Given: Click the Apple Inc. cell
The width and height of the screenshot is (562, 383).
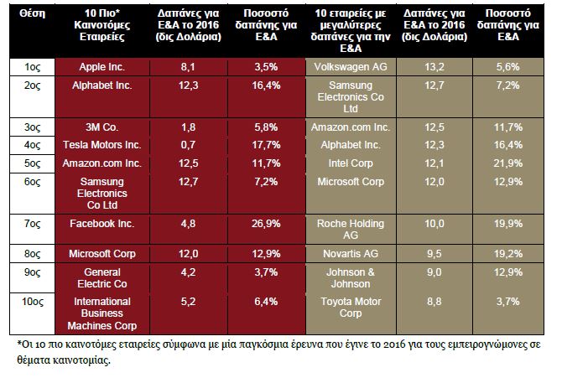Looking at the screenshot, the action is click(102, 67).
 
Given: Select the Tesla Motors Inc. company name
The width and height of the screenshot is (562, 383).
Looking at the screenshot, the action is click(102, 145).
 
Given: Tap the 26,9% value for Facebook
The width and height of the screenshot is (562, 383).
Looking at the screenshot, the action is click(266, 224).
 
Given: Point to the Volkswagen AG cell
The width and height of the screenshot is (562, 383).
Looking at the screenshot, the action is click(351, 67).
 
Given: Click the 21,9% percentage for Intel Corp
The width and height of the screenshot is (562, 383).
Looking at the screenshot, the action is click(507, 163).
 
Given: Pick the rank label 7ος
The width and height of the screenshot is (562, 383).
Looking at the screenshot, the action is click(32, 224).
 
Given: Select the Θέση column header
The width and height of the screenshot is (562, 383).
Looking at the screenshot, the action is click(32, 13).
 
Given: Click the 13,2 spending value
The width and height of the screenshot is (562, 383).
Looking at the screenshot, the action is click(435, 67).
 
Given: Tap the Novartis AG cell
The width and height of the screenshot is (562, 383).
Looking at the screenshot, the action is click(351, 254).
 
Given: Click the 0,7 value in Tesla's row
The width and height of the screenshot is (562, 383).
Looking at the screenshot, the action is click(188, 145).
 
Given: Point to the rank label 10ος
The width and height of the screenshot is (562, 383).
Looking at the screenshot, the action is click(32, 302).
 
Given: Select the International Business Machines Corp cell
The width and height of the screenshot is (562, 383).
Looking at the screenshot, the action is click(102, 313).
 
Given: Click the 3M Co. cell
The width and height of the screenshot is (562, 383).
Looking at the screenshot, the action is click(102, 127).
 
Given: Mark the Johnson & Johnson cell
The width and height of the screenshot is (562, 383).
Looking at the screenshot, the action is click(351, 278).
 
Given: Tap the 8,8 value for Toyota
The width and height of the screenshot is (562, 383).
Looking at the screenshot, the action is click(435, 302).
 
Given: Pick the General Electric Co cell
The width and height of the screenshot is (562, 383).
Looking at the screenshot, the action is click(102, 278).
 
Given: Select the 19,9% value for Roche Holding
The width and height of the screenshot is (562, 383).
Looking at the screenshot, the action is click(507, 224).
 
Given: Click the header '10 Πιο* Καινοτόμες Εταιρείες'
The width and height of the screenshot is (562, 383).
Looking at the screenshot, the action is click(102, 25).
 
